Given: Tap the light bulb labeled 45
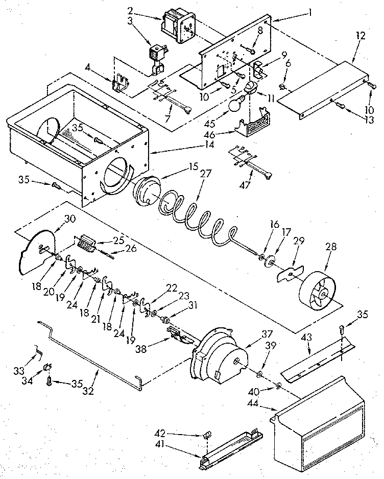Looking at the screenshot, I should point(234,107).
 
